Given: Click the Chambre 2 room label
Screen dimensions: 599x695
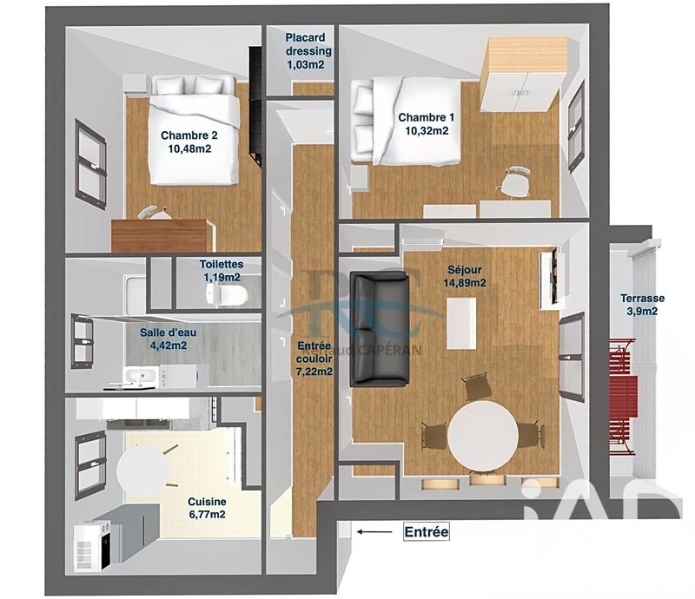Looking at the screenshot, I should click(x=189, y=142).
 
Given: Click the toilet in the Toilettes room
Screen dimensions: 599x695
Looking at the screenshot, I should click(x=228, y=295).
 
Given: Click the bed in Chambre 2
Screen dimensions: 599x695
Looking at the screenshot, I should click(x=194, y=130).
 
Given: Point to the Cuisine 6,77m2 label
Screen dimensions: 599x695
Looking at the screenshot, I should click(x=208, y=509).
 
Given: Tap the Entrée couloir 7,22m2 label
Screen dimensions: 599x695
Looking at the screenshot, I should click(x=314, y=356).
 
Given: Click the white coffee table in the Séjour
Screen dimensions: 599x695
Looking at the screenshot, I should click(x=461, y=321).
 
